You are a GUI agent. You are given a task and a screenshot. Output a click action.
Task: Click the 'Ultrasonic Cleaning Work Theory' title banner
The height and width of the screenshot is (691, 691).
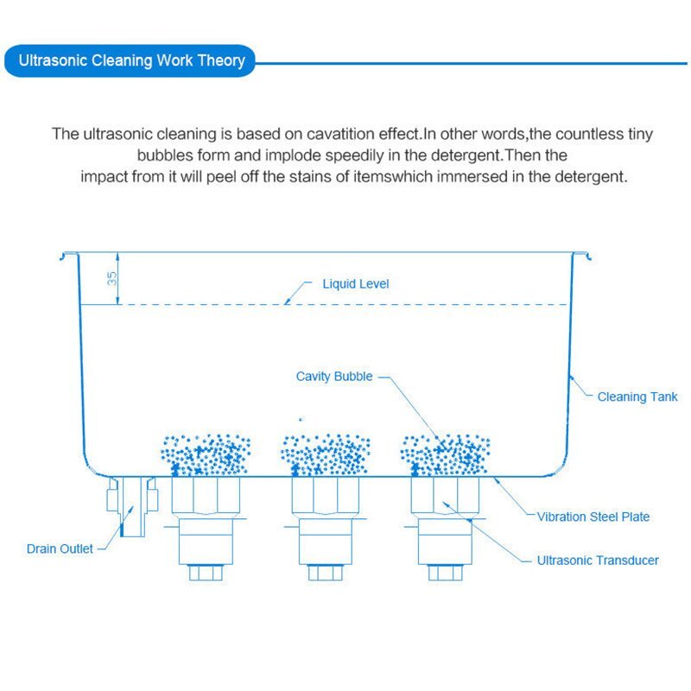pyautogui.click(x=131, y=61)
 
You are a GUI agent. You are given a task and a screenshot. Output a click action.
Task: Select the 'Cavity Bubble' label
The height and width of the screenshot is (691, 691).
pyautogui.click(x=334, y=377)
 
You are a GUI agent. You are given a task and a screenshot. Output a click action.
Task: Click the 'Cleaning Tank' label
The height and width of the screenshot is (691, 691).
pyautogui.click(x=637, y=397)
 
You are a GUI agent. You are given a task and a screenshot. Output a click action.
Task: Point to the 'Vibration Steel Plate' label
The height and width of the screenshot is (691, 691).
pyautogui.click(x=593, y=517)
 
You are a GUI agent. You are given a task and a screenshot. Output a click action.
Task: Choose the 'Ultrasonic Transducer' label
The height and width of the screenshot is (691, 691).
pyautogui.click(x=598, y=561)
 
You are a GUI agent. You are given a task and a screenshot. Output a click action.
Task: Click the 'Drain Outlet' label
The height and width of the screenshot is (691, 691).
pyautogui.click(x=59, y=548)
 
